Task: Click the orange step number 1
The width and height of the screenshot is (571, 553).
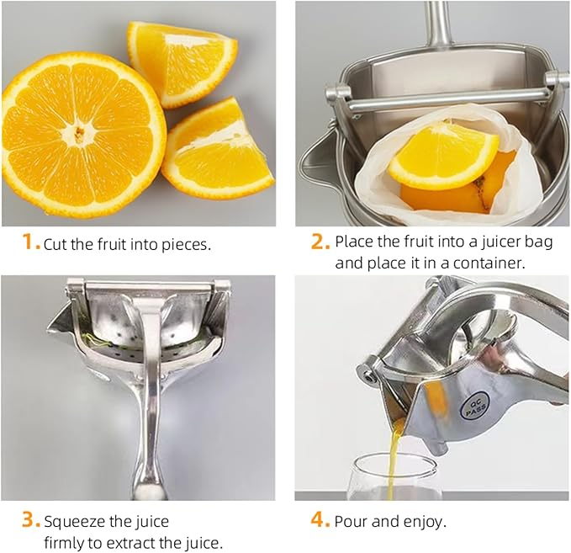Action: tap(29, 243)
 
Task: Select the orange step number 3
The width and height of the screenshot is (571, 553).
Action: tap(30, 520)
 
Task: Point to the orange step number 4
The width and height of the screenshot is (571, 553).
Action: tap(320, 520)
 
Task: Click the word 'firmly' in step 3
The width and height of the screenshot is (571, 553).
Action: tap(64, 543)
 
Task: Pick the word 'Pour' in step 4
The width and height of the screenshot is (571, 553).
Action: tap(352, 521)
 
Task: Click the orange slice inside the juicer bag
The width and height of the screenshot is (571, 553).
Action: tap(442, 157)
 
